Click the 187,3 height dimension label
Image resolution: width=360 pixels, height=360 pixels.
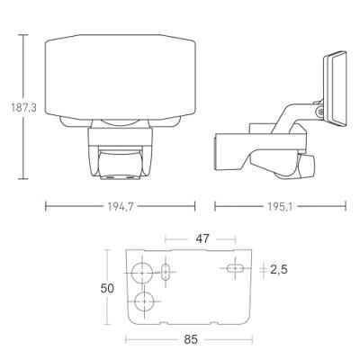click(x=23, y=107)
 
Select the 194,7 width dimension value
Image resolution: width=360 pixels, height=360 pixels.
click(x=121, y=206)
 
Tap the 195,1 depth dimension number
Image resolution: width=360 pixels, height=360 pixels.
click(x=279, y=206)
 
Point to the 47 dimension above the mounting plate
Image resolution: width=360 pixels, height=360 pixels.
click(x=202, y=238)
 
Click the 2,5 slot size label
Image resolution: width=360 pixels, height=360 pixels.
click(x=279, y=270)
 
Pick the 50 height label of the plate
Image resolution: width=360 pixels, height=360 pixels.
click(x=107, y=288)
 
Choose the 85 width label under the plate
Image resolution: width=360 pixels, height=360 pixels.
click(x=191, y=339)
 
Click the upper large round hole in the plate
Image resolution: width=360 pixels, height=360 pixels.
click(x=142, y=273)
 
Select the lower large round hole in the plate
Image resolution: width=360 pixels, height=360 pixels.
click(x=144, y=301)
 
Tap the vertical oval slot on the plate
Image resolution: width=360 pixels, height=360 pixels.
click(x=166, y=272)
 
